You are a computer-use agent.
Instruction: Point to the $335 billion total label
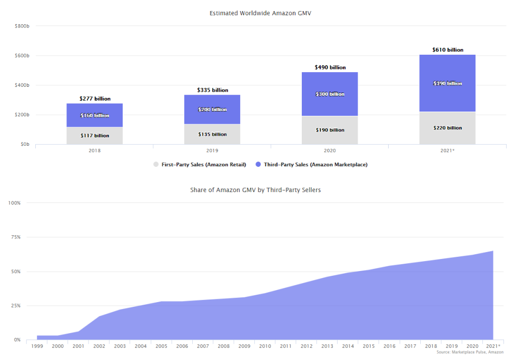tap(212, 90)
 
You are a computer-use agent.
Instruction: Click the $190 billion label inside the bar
tap(330, 130)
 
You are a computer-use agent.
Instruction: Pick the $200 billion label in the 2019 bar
tap(212, 109)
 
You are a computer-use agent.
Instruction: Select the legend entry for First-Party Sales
tap(200, 165)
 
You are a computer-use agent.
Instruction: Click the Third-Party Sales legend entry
tap(310, 165)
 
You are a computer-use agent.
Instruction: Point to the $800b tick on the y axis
tap(22, 26)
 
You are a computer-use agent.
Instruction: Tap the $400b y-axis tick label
tap(22, 85)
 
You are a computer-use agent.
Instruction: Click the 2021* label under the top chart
tap(447, 151)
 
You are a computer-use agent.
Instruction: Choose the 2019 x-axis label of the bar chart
tap(212, 151)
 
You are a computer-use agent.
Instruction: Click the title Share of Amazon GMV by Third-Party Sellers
tap(255, 190)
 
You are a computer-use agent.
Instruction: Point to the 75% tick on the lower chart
tap(15, 237)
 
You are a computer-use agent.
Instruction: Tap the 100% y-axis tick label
tap(14, 203)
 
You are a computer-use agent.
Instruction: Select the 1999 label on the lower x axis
tap(37, 346)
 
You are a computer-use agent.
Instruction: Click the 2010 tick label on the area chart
tap(264, 346)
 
